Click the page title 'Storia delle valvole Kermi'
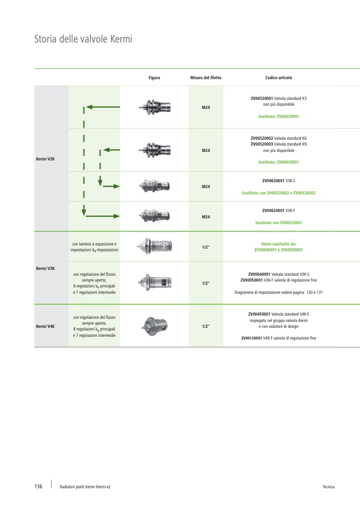(x=82, y=39)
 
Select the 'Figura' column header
(x=154, y=78)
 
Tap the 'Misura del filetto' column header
(x=206, y=78)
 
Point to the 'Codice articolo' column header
(x=279, y=78)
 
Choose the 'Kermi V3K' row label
(x=45, y=268)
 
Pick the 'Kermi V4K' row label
(x=45, y=326)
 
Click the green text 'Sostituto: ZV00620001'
(x=279, y=116)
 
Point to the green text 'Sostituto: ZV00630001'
(x=279, y=162)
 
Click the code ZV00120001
(x=253, y=338)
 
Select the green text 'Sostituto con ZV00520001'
(x=279, y=223)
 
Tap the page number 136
(x=38, y=487)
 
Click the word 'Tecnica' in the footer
(x=328, y=487)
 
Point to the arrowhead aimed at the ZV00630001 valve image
(x=119, y=186)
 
